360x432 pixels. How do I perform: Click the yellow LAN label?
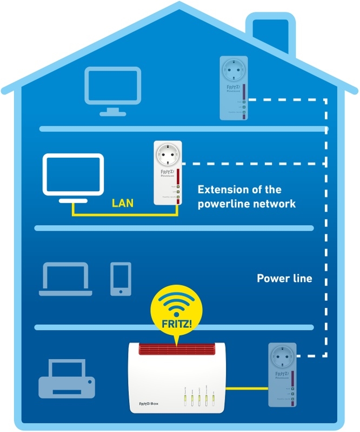tap(123, 204)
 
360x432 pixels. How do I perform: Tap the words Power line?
tap(284, 279)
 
